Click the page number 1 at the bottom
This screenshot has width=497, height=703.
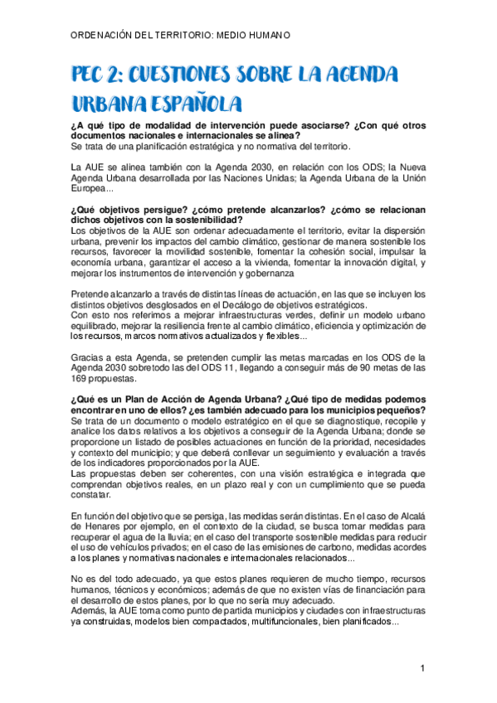point(422,668)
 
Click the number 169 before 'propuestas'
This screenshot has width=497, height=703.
point(82,379)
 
